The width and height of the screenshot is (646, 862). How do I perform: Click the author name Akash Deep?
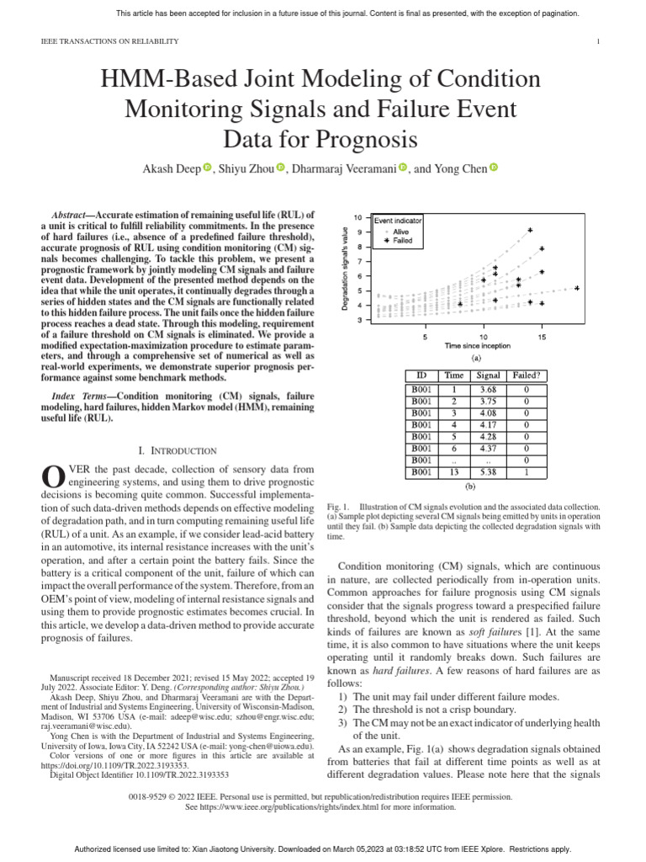173,169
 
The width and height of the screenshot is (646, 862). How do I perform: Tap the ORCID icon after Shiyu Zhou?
281,169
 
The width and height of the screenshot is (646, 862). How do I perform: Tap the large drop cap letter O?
52,476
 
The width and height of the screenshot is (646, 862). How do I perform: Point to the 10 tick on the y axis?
357,217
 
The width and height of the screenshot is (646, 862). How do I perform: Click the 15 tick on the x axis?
542,336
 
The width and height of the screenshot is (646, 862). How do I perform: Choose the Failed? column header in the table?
527,375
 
